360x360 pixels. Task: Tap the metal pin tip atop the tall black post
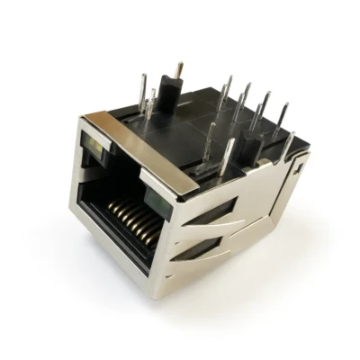click(179, 68)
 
